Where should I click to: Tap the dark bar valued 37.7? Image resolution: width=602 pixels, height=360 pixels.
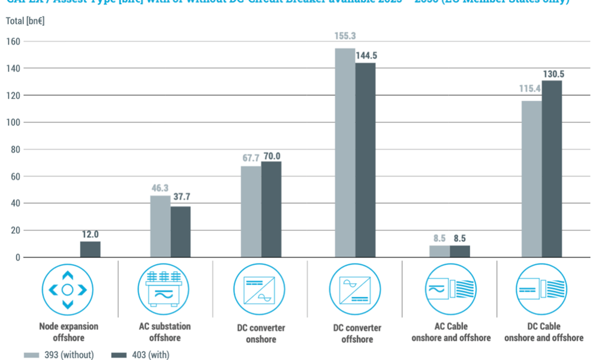click(x=180, y=232)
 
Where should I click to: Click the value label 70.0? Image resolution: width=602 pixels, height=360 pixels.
click(x=272, y=156)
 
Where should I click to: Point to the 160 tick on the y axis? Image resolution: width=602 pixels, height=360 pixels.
click(x=13, y=42)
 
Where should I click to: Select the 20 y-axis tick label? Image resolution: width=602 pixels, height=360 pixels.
click(x=16, y=231)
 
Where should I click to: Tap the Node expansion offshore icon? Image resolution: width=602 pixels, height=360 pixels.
click(x=67, y=289)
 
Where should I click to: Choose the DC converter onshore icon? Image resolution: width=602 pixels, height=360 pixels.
click(x=259, y=289)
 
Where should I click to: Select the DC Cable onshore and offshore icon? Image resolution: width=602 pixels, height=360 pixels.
click(x=541, y=289)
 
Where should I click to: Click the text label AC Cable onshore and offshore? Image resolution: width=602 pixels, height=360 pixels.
click(x=450, y=332)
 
